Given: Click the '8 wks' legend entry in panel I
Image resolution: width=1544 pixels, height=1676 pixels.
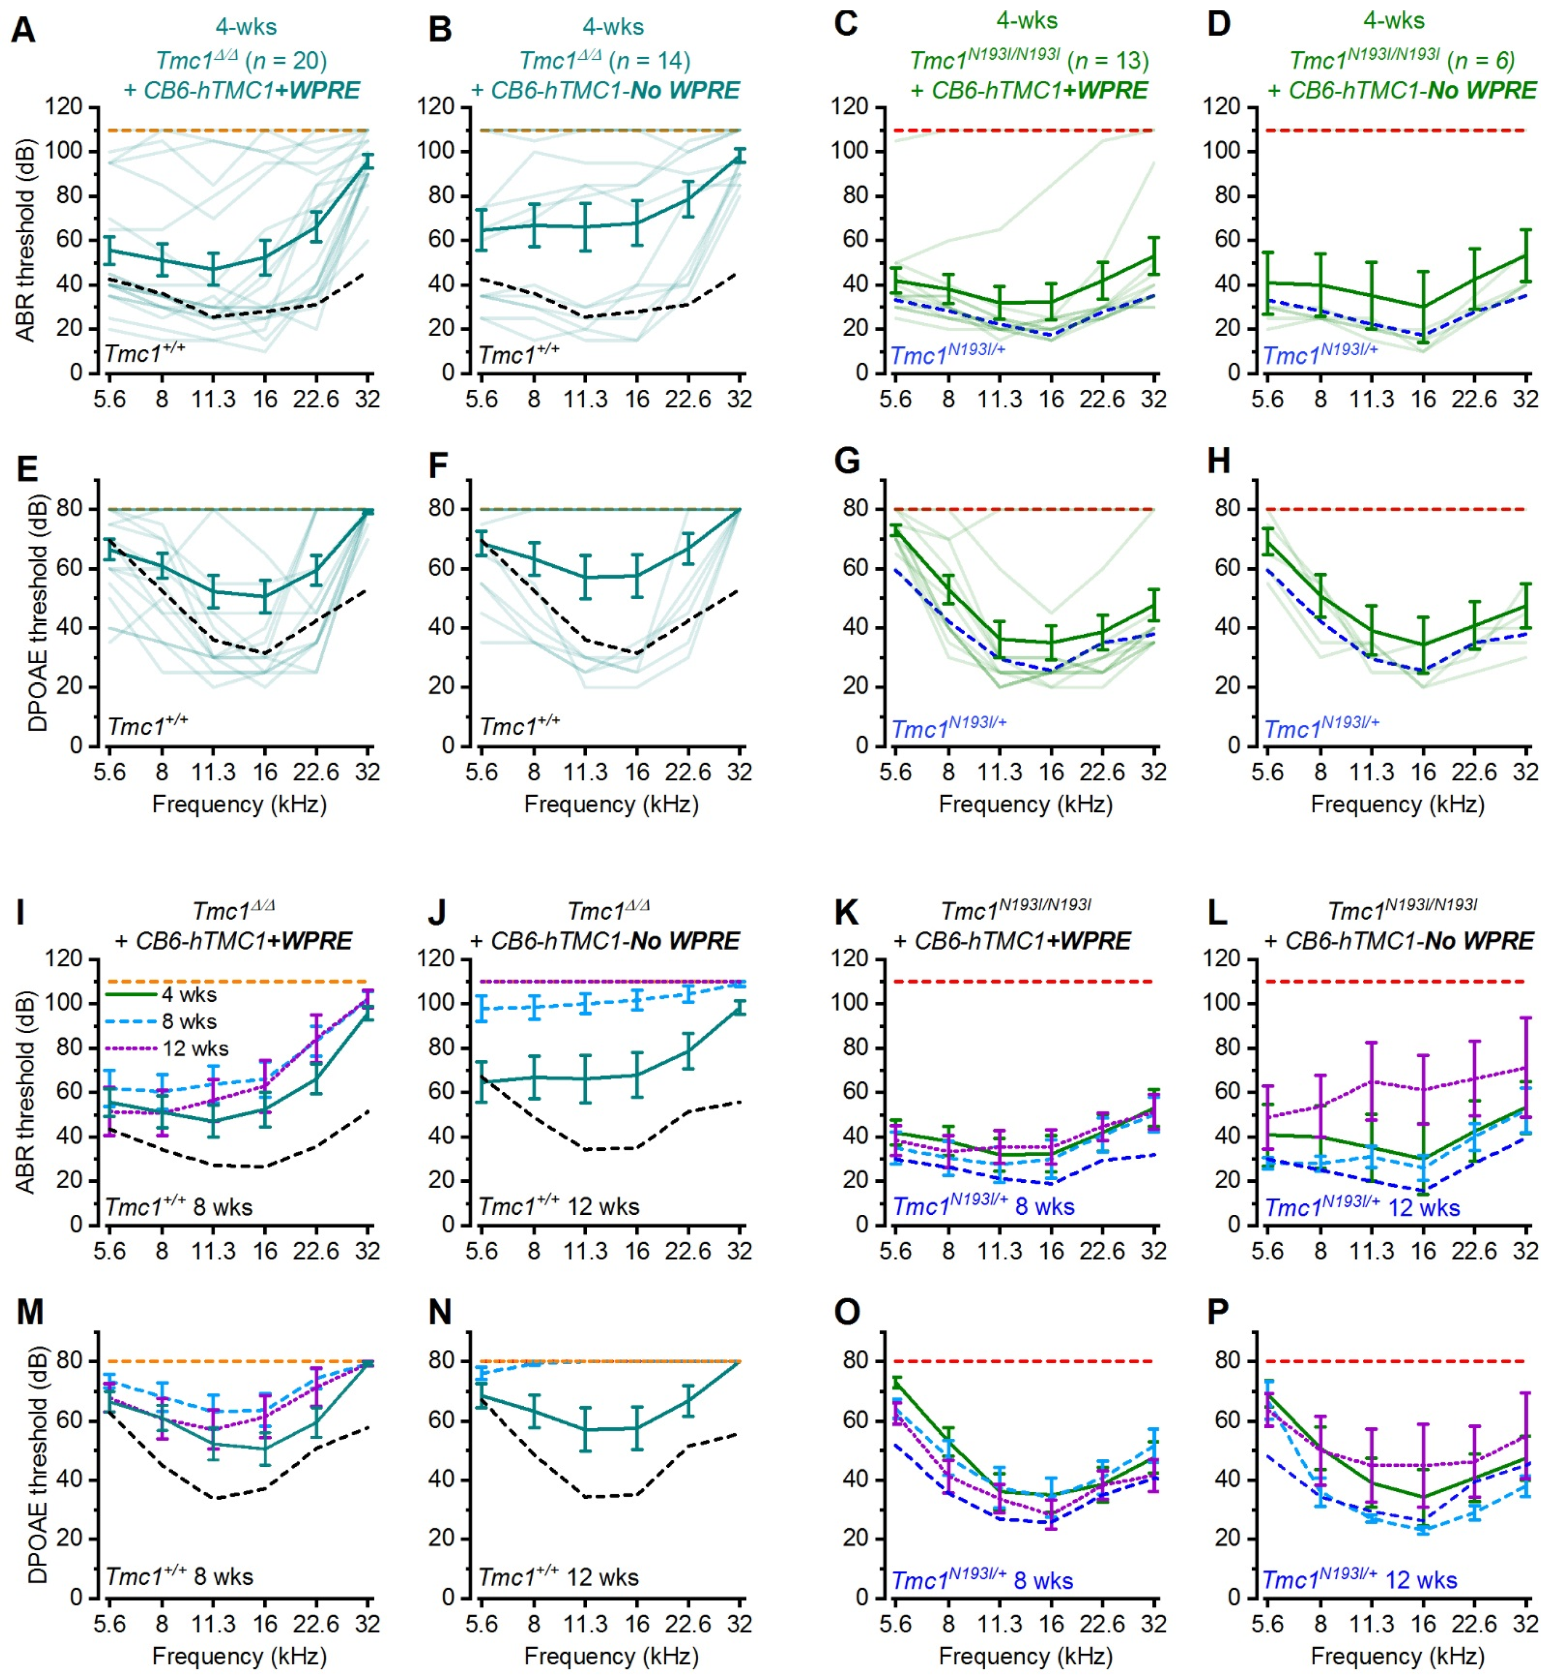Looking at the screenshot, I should coord(189,1021).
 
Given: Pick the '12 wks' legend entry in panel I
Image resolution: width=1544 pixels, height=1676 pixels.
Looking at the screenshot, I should coord(195,1048).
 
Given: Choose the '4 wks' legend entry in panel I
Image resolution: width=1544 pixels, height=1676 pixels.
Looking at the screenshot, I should coord(189,994).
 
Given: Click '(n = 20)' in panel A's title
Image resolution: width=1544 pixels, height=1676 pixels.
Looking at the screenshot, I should coord(284,60).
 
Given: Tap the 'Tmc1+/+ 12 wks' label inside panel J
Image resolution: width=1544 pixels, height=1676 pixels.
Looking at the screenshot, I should coord(559,1206).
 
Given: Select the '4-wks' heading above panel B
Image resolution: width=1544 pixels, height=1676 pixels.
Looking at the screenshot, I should coord(613,27).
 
